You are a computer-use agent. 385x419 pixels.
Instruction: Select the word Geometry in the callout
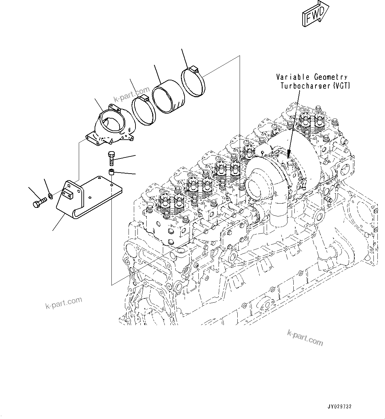click(330, 77)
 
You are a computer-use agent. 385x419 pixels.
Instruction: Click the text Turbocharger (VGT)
click(315, 86)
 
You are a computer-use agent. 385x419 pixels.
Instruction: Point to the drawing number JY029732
click(340, 407)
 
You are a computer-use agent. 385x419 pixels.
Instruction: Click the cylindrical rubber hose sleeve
click(168, 96)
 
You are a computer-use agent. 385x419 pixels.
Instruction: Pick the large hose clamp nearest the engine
click(193, 81)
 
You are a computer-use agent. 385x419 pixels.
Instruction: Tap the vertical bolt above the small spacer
click(111, 158)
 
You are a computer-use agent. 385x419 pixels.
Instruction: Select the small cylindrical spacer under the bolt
click(112, 172)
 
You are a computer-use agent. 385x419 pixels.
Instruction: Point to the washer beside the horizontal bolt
click(50, 196)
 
